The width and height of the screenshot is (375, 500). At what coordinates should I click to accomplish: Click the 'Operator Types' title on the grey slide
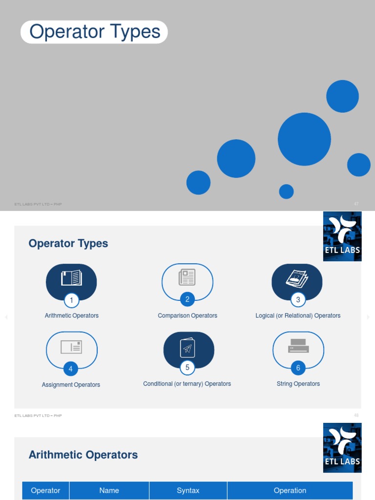tap(94, 32)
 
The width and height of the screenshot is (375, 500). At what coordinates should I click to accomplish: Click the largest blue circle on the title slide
tap(304, 139)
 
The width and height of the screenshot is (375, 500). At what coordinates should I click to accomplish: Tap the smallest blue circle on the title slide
tap(286, 191)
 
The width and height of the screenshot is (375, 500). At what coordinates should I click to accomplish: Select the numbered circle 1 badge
tap(71, 300)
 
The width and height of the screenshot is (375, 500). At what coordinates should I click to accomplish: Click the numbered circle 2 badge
tap(187, 299)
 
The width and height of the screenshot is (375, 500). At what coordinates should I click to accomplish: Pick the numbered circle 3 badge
tap(298, 299)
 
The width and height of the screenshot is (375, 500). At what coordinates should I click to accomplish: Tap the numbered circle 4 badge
tap(71, 369)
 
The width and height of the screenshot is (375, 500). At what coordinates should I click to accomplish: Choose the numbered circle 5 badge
tap(187, 367)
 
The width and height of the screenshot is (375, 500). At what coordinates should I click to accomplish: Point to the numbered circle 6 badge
tap(298, 368)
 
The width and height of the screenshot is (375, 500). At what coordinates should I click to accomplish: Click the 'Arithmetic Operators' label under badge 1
tap(72, 316)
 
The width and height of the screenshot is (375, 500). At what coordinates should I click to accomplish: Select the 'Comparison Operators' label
tap(187, 316)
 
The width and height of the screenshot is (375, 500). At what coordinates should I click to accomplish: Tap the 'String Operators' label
tap(298, 384)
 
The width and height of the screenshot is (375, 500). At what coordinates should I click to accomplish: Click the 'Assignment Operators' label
tap(71, 385)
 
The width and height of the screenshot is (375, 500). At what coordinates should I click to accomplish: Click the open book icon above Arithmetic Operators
tap(71, 278)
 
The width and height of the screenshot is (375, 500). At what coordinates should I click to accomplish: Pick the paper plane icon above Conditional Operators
tap(187, 348)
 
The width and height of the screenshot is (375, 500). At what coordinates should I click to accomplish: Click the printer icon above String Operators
tap(298, 346)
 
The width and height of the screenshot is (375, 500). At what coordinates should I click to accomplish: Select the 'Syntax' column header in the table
tap(188, 491)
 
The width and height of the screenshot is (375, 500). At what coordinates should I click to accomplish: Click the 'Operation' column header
tap(290, 491)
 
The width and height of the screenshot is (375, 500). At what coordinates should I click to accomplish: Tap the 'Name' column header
tap(109, 491)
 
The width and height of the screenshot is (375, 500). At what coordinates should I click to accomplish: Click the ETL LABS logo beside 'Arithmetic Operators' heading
tap(342, 448)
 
